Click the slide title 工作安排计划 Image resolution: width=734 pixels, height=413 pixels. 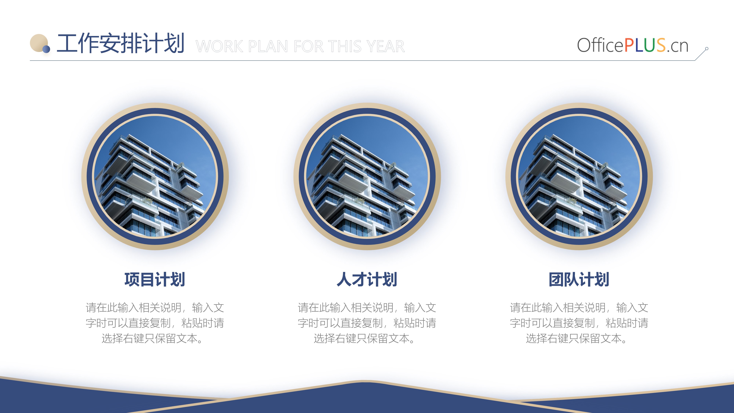121,43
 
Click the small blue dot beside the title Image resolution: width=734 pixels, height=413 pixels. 46,49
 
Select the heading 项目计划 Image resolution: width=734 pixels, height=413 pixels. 155,279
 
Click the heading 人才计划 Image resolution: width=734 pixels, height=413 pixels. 367,279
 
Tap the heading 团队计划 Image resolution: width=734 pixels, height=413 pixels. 579,279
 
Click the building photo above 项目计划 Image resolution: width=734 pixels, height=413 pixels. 155,176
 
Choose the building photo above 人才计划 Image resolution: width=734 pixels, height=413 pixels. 367,176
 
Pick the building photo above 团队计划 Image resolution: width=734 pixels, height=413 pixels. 579,176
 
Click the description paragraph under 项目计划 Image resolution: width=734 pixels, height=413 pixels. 155,323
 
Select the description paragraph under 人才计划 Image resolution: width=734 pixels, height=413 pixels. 367,323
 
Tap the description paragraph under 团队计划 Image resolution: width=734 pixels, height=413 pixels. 579,323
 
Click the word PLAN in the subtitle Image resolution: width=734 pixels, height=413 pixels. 268,46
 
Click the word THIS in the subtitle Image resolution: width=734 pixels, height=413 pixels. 344,46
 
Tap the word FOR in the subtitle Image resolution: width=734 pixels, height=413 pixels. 309,46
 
